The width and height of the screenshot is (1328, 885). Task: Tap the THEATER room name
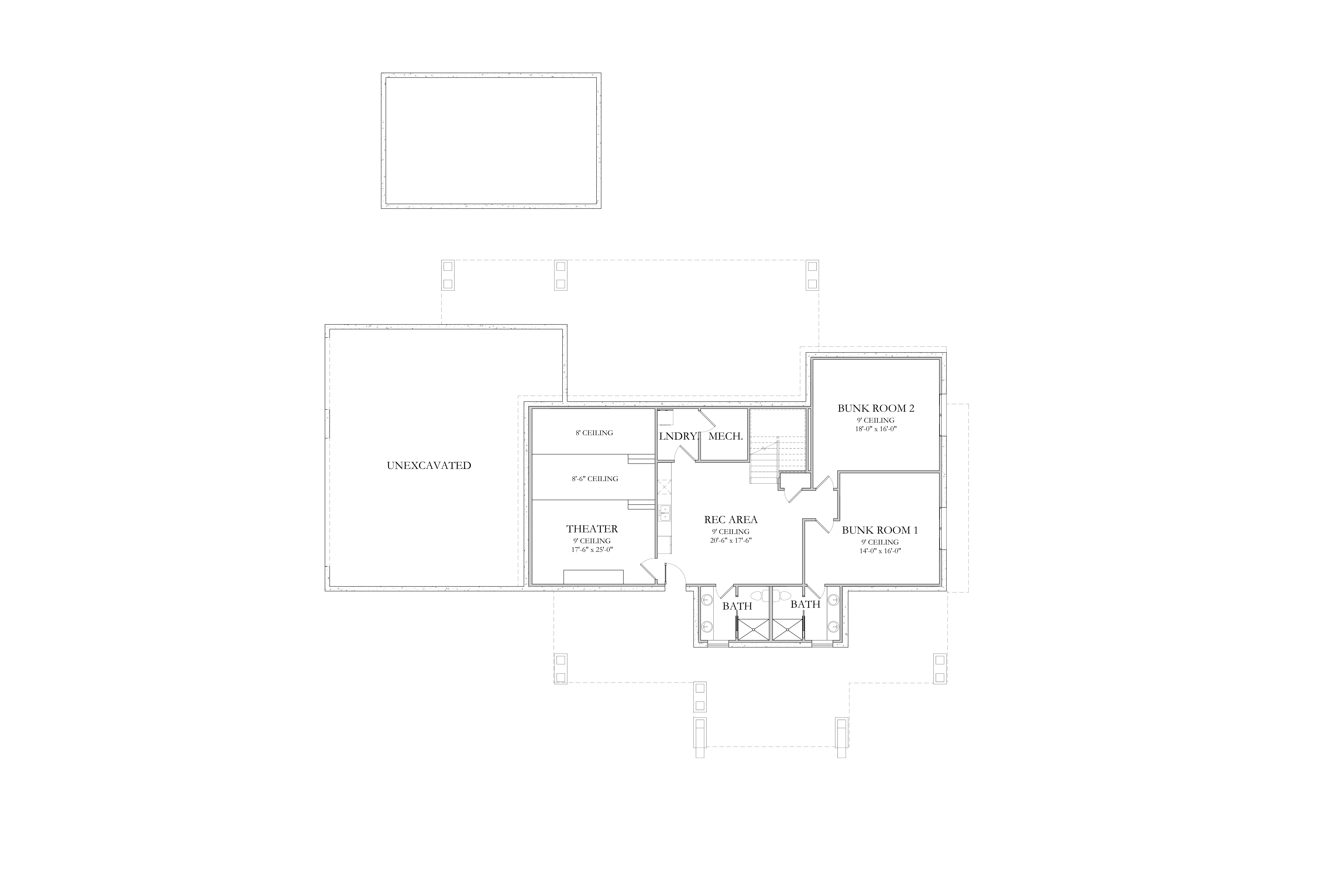coord(592,529)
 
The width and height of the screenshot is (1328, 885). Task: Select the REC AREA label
coord(731,520)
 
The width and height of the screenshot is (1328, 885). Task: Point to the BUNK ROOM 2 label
coord(876,408)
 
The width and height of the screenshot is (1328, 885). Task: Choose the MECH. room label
coord(726,436)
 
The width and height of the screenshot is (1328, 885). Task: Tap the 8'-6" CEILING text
coord(595,479)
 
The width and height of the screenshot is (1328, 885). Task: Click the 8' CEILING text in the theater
coord(594,433)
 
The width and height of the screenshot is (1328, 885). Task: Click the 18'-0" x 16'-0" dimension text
coord(876,428)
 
